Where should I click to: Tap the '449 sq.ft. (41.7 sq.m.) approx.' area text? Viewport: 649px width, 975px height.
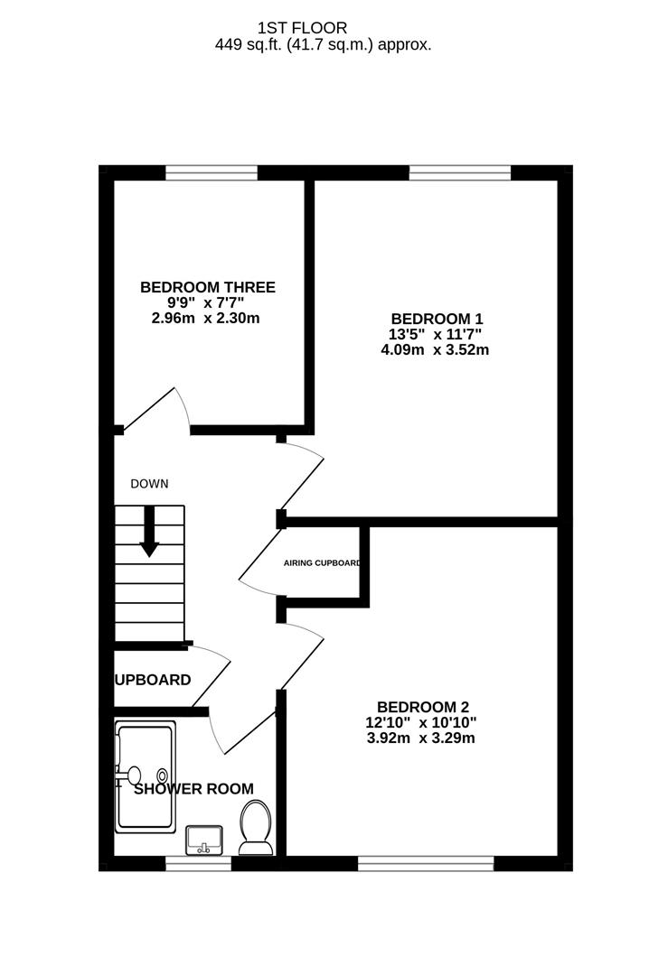(x=323, y=43)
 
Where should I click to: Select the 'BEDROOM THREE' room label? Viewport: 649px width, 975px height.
(x=207, y=287)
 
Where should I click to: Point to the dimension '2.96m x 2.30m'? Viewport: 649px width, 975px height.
(x=207, y=318)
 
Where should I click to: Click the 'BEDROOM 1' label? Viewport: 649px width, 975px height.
(x=437, y=319)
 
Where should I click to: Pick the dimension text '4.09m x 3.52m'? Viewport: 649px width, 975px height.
(x=436, y=349)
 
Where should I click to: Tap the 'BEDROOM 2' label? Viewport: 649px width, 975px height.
(x=423, y=707)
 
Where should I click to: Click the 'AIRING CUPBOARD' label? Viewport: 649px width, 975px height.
(x=322, y=563)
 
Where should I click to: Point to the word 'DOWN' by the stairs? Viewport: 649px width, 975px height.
(x=149, y=484)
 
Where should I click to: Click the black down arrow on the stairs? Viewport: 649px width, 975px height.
(x=149, y=533)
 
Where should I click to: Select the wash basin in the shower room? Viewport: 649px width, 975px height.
(x=205, y=840)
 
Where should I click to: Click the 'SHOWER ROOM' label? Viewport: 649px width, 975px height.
(x=193, y=788)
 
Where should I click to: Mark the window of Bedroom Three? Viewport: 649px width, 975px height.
(x=212, y=172)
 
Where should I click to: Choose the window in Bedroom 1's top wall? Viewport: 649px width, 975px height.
(x=460, y=172)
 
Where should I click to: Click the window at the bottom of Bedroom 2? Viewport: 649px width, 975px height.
(x=425, y=864)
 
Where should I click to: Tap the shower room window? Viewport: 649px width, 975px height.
(x=198, y=864)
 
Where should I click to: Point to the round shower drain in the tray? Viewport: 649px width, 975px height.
(x=163, y=774)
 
